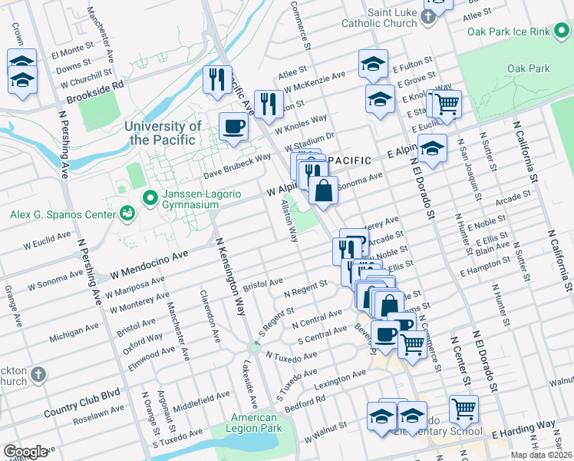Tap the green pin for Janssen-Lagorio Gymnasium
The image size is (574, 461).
pos(150,199)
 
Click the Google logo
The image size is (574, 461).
pos(25,452)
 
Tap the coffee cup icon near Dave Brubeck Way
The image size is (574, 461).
pos(234,126)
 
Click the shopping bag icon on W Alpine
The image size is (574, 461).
pos(324,189)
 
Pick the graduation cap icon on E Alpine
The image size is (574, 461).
pos(433,148)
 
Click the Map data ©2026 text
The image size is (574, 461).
pos(542,455)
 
